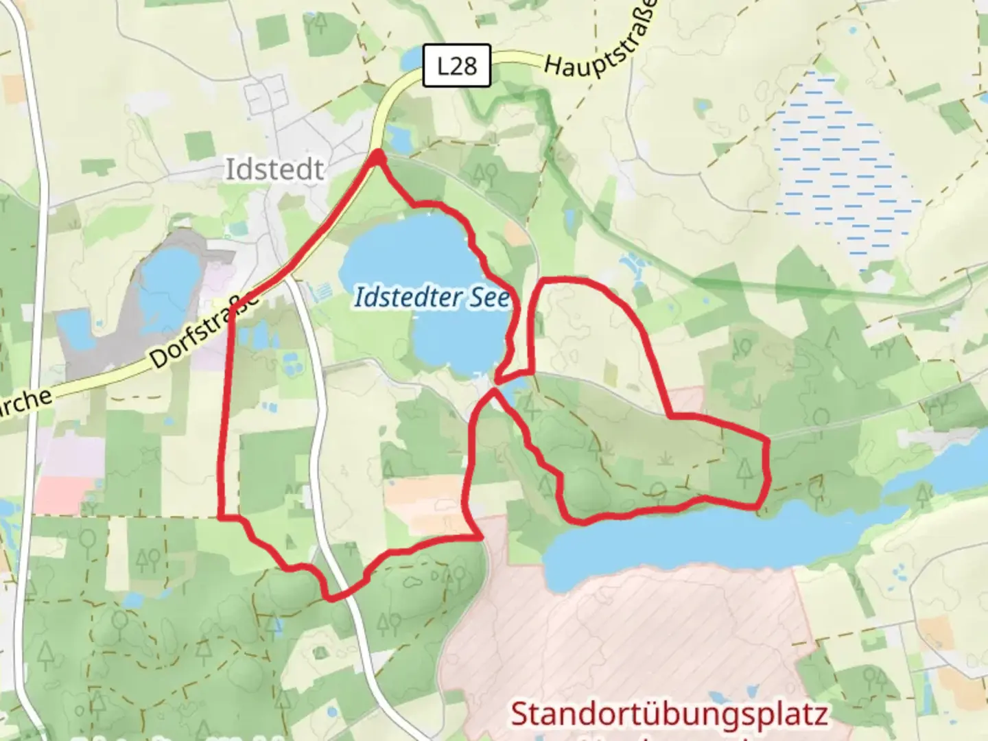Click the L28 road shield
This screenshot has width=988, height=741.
pos(456,66)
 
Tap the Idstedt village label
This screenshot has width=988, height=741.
pos(274,169)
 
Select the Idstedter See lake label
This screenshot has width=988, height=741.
pos(432,297)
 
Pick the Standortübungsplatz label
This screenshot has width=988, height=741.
pos(669,714)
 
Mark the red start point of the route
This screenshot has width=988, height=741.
pos(377,158)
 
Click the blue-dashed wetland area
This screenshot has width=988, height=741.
pos(837,165)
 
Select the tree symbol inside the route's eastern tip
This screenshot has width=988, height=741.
pos(745,471)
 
